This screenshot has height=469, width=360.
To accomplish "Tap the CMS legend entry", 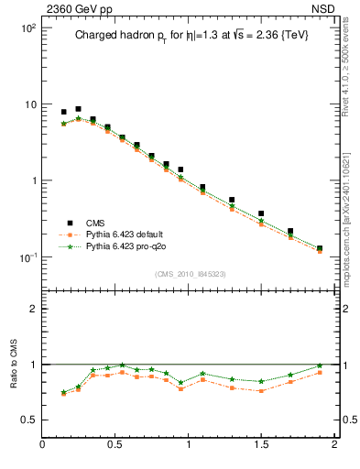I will click(95, 223).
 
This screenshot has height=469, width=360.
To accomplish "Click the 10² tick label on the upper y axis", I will click(27, 28).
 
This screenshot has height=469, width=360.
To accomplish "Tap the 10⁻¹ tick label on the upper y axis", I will click(27, 256).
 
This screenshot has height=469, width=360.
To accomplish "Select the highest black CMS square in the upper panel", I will click(78, 109).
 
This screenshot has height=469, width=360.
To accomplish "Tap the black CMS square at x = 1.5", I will click(261, 213).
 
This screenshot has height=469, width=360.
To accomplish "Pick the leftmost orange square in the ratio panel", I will click(63, 394).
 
